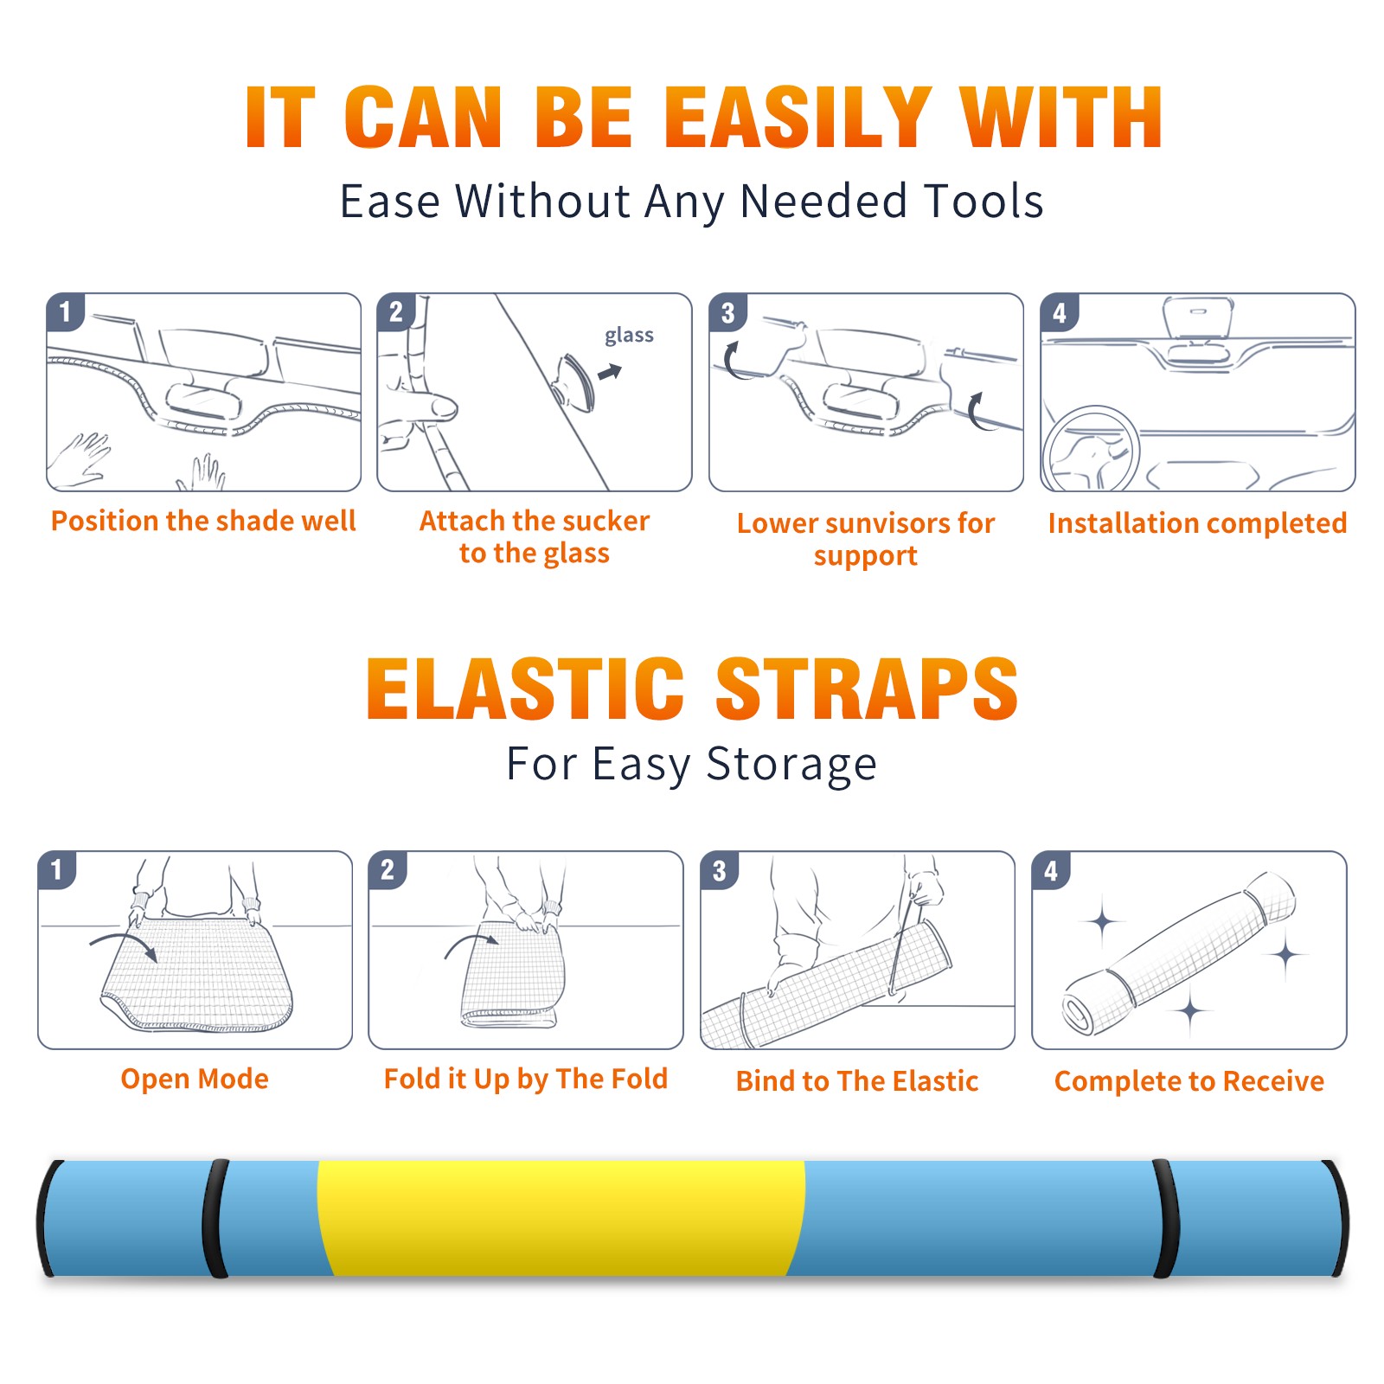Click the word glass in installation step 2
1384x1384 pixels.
pyautogui.click(x=629, y=336)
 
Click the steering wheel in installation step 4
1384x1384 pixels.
pyautogui.click(x=1090, y=449)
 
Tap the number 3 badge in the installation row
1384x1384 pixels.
pyautogui.click(x=727, y=313)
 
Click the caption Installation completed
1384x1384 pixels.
pyautogui.click(x=1197, y=523)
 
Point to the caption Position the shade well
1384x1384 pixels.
pyautogui.click(x=203, y=521)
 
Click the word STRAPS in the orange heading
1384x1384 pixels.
pyautogui.click(x=867, y=689)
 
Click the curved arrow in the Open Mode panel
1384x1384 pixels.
pyautogui.click(x=124, y=945)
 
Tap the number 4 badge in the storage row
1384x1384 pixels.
pyautogui.click(x=1051, y=870)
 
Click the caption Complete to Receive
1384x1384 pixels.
pyautogui.click(x=1189, y=1081)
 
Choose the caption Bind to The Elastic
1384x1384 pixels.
pyautogui.click(x=857, y=1081)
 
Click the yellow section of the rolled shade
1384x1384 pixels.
pyautogui.click(x=561, y=1219)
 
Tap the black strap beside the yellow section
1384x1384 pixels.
pyautogui.click(x=215, y=1219)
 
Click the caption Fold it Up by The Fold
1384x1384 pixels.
pyautogui.click(x=526, y=1080)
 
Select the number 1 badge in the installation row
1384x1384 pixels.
pyautogui.click(x=65, y=311)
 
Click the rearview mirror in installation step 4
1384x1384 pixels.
pyautogui.click(x=1198, y=317)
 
